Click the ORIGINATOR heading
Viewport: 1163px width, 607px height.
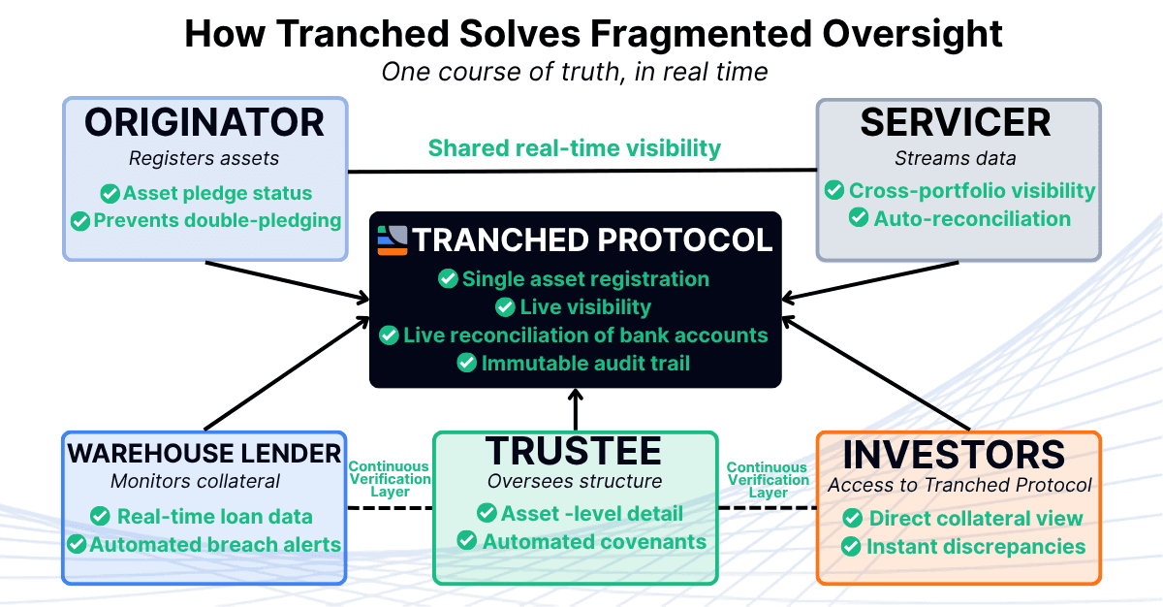pos(204,123)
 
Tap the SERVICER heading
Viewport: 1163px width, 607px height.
pos(956,123)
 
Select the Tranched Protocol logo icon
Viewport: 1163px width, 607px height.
pos(393,240)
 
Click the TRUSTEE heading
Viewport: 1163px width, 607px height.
pos(574,451)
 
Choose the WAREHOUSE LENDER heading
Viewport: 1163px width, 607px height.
pos(204,452)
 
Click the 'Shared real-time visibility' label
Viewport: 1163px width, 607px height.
pos(575,148)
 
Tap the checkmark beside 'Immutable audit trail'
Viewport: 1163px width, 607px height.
pos(467,363)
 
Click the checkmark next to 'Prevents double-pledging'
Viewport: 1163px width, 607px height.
pos(80,221)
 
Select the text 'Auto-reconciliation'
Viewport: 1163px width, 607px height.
pos(972,219)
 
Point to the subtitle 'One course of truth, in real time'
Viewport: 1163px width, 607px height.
pos(575,72)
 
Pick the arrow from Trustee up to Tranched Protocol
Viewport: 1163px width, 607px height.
pos(576,409)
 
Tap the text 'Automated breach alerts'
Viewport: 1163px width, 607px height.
pos(215,545)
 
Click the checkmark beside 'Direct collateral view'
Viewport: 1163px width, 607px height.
pos(853,519)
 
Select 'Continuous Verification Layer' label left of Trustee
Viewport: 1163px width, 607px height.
pos(390,480)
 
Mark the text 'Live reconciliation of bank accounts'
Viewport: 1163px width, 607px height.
pos(585,335)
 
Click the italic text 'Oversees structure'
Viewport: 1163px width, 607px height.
pos(574,482)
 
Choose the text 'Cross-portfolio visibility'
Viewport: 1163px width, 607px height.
pos(972,191)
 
